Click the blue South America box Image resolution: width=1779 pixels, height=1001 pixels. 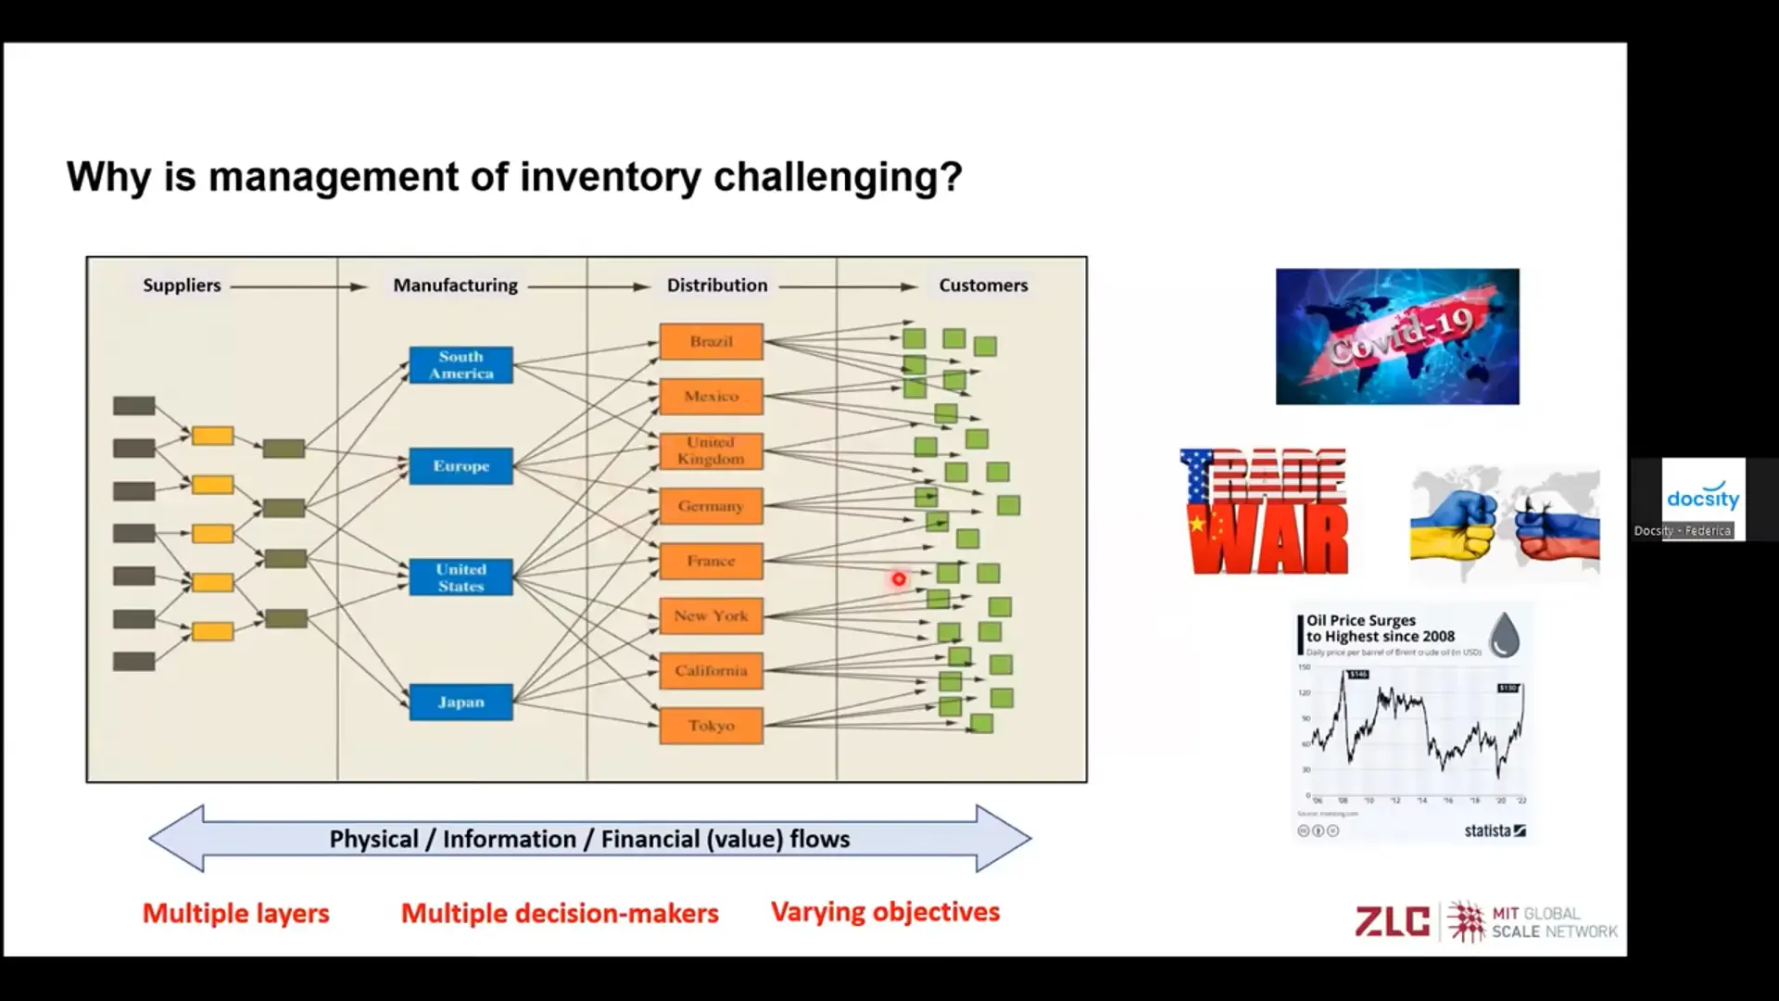point(461,365)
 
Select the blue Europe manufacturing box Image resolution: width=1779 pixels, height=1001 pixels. point(461,466)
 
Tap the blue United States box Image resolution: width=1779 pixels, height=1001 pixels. point(461,577)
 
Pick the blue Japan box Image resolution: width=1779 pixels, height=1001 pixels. point(461,702)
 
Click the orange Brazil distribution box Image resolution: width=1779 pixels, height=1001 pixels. point(711,341)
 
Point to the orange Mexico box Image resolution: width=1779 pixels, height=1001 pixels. point(711,396)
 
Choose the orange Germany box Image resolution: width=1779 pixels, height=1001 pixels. point(711,506)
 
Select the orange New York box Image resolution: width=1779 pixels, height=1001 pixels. point(711,615)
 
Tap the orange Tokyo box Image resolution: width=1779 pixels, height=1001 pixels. point(711,726)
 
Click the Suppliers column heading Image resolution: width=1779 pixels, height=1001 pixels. point(182,285)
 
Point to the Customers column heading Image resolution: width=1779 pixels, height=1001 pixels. point(983,285)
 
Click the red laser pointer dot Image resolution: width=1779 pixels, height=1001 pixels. point(899,579)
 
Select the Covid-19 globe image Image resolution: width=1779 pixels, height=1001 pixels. point(1397,336)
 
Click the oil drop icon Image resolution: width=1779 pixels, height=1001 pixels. point(1504,635)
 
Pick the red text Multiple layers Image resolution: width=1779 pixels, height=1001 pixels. point(235,913)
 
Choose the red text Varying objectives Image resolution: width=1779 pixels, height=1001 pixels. point(885,912)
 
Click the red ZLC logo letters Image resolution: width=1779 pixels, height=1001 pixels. point(1392,921)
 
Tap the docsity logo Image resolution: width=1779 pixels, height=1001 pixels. point(1703,498)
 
